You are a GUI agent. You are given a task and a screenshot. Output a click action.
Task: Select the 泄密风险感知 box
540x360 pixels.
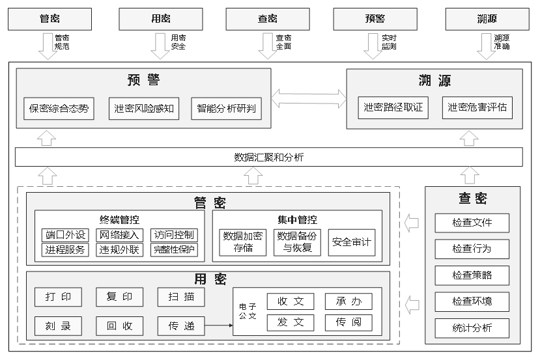[144, 109]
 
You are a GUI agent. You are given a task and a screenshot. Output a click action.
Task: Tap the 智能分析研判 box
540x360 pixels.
[227, 109]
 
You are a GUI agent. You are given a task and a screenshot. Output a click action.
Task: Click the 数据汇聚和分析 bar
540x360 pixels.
[268, 157]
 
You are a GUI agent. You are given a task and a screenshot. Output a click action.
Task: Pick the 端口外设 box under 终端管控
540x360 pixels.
[65, 235]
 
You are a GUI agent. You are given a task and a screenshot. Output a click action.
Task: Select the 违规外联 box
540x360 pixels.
[120, 249]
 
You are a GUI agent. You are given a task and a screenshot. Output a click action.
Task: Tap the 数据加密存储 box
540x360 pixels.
[242, 242]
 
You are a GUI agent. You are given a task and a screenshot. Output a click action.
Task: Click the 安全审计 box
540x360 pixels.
[351, 242]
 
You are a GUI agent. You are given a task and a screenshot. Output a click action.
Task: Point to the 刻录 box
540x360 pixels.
[59, 325]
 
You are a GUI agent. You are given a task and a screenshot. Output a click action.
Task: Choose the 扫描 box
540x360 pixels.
[180, 297]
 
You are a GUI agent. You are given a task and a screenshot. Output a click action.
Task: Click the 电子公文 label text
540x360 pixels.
[248, 311]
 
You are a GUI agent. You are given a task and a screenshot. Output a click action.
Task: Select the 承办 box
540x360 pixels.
[348, 301]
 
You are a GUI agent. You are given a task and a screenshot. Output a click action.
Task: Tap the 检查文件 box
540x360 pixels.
[472, 223]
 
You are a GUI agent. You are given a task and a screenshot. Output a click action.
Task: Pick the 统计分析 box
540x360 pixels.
[472, 327]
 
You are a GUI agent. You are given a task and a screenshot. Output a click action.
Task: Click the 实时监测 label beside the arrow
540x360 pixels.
[389, 42]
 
